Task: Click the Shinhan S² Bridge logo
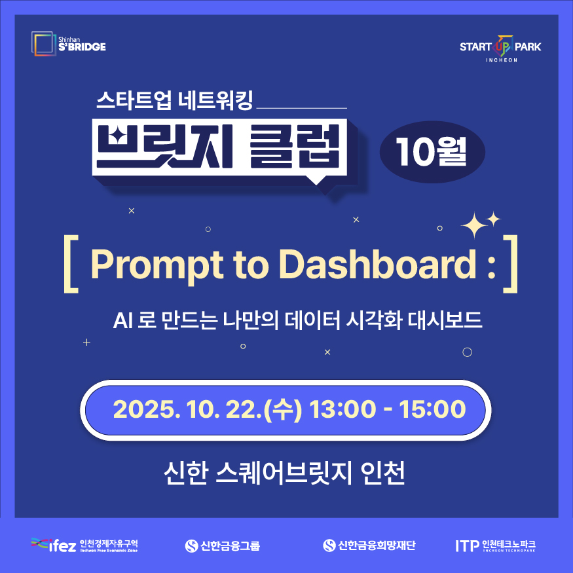click(68, 43)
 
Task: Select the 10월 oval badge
click(432, 153)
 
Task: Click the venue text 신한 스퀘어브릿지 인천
click(286, 473)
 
